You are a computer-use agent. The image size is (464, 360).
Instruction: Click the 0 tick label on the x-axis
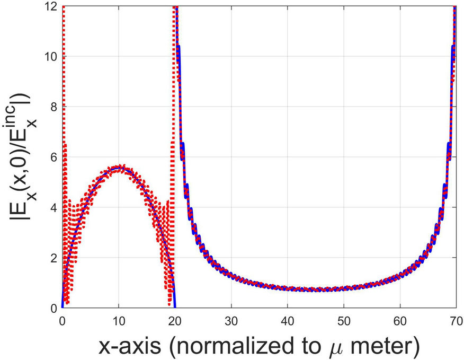coord(63,320)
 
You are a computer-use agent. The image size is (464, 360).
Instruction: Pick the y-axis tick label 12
coord(51,7)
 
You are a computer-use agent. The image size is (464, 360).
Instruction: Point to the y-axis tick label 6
coord(54,157)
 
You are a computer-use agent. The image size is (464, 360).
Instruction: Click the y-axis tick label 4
coord(54,207)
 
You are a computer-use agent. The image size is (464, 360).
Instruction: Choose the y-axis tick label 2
coord(54,258)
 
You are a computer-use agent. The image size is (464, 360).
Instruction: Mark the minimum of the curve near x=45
coord(318,289)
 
